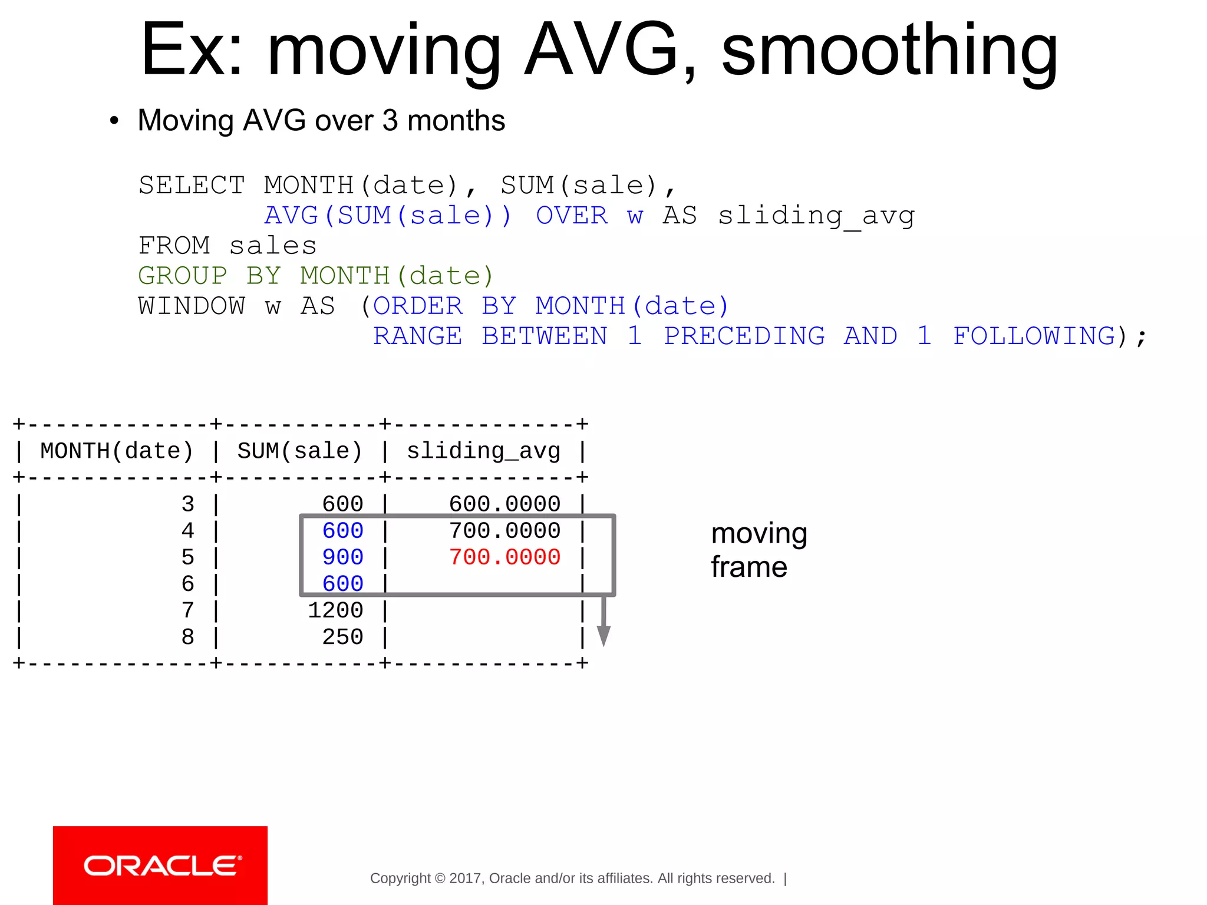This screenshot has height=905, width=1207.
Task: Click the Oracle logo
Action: tap(160, 866)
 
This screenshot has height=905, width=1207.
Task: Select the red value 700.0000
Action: tap(504, 557)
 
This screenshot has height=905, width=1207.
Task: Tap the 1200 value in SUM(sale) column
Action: tap(335, 610)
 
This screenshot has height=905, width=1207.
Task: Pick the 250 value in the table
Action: tap(342, 637)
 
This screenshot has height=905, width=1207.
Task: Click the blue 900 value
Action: tap(342, 557)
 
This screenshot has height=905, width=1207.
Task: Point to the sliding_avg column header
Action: tap(483, 451)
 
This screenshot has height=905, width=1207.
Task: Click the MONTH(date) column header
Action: tap(117, 451)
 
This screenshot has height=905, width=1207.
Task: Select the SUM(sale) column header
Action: tap(299, 451)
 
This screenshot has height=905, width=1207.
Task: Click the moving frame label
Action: tap(759, 550)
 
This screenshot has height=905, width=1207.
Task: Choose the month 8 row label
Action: tap(188, 637)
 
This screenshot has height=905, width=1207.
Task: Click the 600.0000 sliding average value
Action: tap(504, 504)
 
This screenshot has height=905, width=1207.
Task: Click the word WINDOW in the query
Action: tap(192, 306)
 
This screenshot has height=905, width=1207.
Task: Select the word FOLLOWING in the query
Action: tap(1034, 336)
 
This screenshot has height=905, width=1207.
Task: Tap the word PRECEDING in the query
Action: tap(744, 336)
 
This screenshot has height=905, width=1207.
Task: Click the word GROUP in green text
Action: tap(183, 276)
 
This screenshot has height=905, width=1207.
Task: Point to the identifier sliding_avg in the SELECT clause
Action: tap(816, 216)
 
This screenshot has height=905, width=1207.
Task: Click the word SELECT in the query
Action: tap(192, 186)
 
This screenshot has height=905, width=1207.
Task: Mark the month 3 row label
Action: tap(188, 504)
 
